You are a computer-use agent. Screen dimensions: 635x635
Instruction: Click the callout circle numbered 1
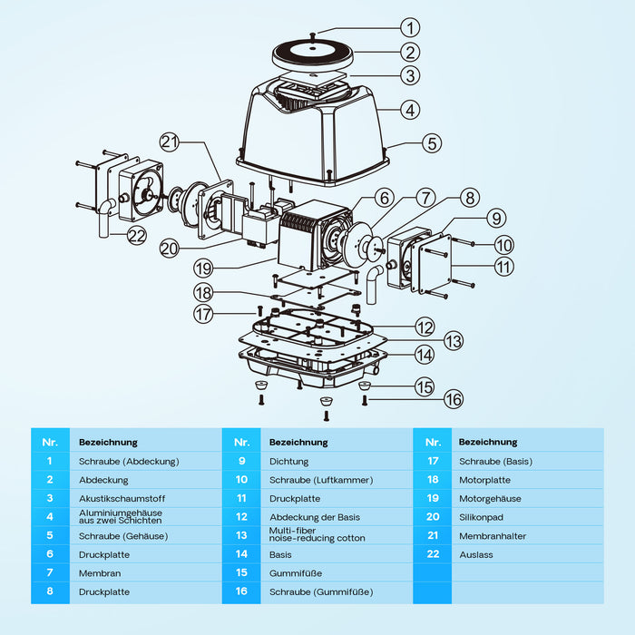tap(411, 28)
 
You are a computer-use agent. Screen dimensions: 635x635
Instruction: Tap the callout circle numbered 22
tap(137, 235)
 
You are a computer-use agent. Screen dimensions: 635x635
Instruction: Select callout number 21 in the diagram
tap(171, 142)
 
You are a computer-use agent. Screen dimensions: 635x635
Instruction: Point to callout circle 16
tap(452, 399)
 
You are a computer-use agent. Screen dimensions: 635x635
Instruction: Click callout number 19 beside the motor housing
tap(203, 268)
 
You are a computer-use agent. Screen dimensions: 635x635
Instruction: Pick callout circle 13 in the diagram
tap(452, 341)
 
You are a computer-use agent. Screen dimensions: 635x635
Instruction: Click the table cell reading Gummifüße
tap(296, 573)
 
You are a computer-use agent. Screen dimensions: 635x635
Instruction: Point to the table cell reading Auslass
tap(476, 554)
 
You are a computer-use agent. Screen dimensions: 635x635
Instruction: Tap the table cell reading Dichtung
tap(288, 461)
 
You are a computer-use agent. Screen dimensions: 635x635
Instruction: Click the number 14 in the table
tap(241, 554)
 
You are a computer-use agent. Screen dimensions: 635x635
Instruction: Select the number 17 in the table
tap(432, 461)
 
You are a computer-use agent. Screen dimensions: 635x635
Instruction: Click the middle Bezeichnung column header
tap(298, 442)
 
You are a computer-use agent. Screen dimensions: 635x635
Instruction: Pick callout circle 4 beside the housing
tap(411, 110)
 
